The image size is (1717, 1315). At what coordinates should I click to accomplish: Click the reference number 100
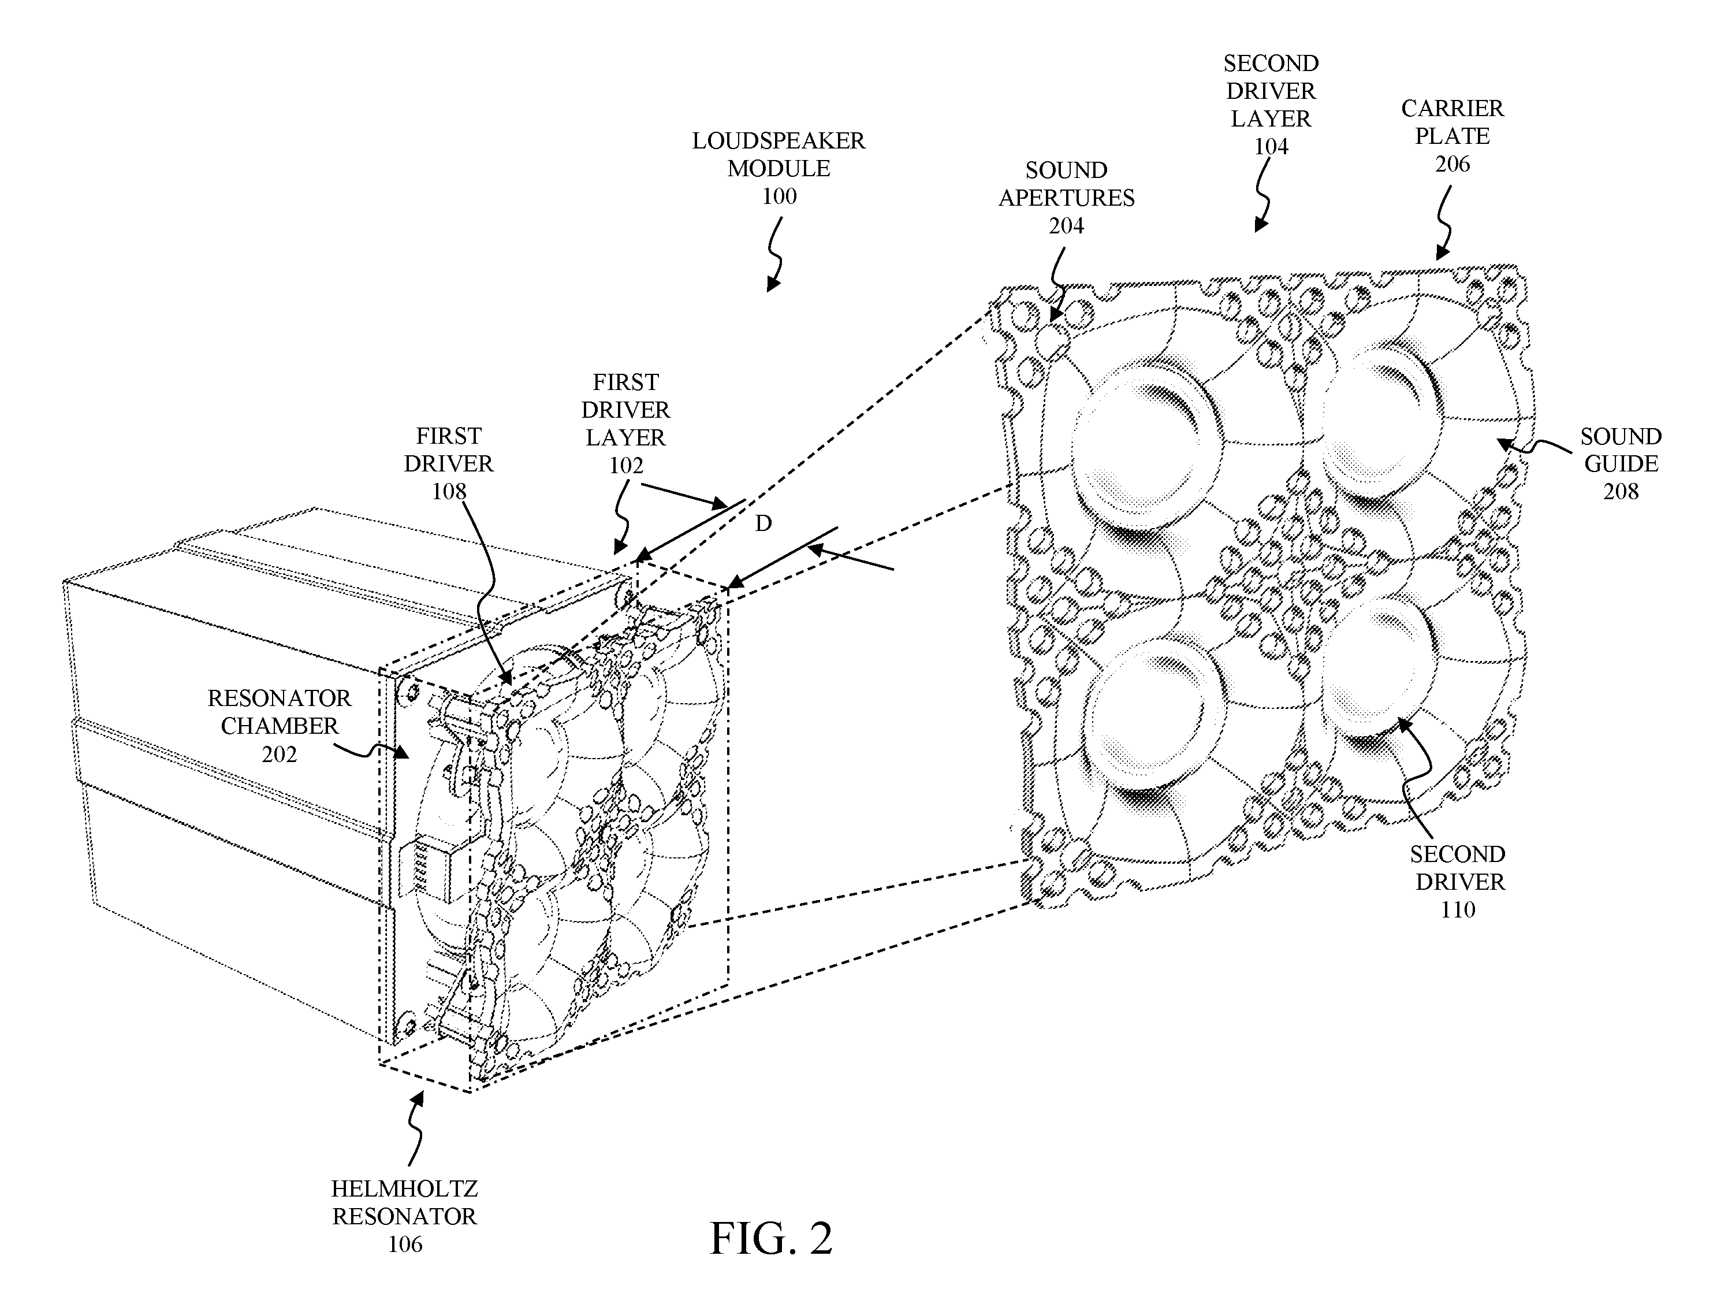[x=779, y=196]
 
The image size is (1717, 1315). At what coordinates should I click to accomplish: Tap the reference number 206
[x=1452, y=164]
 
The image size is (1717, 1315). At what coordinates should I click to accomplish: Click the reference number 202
[x=280, y=754]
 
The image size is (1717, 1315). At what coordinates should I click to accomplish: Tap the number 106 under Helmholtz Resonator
[x=404, y=1244]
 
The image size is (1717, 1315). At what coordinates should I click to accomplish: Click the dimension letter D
[x=763, y=523]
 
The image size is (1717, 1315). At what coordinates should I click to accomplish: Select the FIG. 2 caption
[x=770, y=1238]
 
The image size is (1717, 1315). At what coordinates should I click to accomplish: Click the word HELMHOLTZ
[x=404, y=1189]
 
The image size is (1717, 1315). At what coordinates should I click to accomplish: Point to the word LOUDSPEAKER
[x=779, y=141]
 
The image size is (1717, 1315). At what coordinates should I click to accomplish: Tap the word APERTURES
[x=1066, y=198]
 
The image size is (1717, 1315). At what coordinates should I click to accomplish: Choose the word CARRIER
[x=1452, y=108]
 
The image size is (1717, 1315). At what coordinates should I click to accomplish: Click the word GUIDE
[x=1620, y=463]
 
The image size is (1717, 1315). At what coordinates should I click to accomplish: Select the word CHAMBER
[x=280, y=726]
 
